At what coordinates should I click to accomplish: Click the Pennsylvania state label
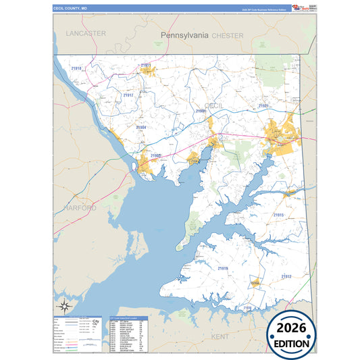click(x=184, y=34)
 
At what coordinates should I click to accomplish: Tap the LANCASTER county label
click(x=86, y=32)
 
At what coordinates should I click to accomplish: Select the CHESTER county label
click(x=227, y=34)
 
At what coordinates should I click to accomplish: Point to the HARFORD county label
click(x=80, y=208)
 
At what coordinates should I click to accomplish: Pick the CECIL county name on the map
click(x=214, y=106)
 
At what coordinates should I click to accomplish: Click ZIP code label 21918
click(x=76, y=68)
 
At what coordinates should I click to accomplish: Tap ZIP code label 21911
click(x=145, y=66)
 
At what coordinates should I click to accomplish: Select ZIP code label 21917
click(x=128, y=96)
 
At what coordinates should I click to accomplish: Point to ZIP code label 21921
click(x=264, y=106)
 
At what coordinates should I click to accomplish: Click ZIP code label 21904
click(x=141, y=127)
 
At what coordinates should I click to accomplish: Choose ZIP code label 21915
click(x=278, y=215)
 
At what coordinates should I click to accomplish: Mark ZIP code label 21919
click(x=223, y=268)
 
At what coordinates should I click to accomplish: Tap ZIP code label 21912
click(x=286, y=276)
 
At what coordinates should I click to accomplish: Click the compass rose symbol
click(x=64, y=305)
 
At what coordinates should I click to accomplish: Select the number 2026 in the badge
click(x=292, y=328)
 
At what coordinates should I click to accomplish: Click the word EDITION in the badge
click(x=292, y=343)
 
